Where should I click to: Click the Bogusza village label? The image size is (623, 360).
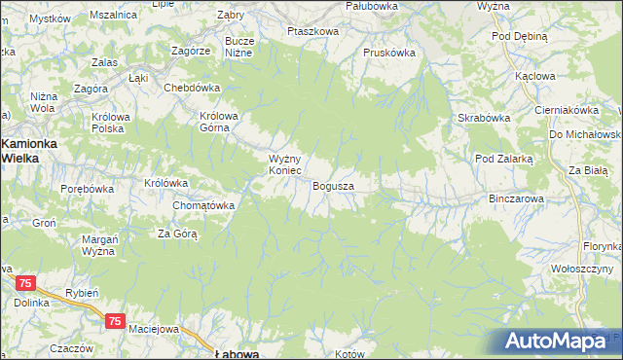[333, 185]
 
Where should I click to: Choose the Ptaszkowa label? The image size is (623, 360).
[312, 31]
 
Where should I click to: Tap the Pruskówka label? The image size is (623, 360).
[388, 53]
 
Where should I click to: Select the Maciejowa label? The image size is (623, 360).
[155, 329]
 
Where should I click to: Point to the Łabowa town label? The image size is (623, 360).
[237, 354]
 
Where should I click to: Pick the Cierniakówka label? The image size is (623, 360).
[566, 110]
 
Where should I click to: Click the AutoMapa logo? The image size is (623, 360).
[558, 342]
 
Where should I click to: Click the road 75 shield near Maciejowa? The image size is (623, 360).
[116, 321]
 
